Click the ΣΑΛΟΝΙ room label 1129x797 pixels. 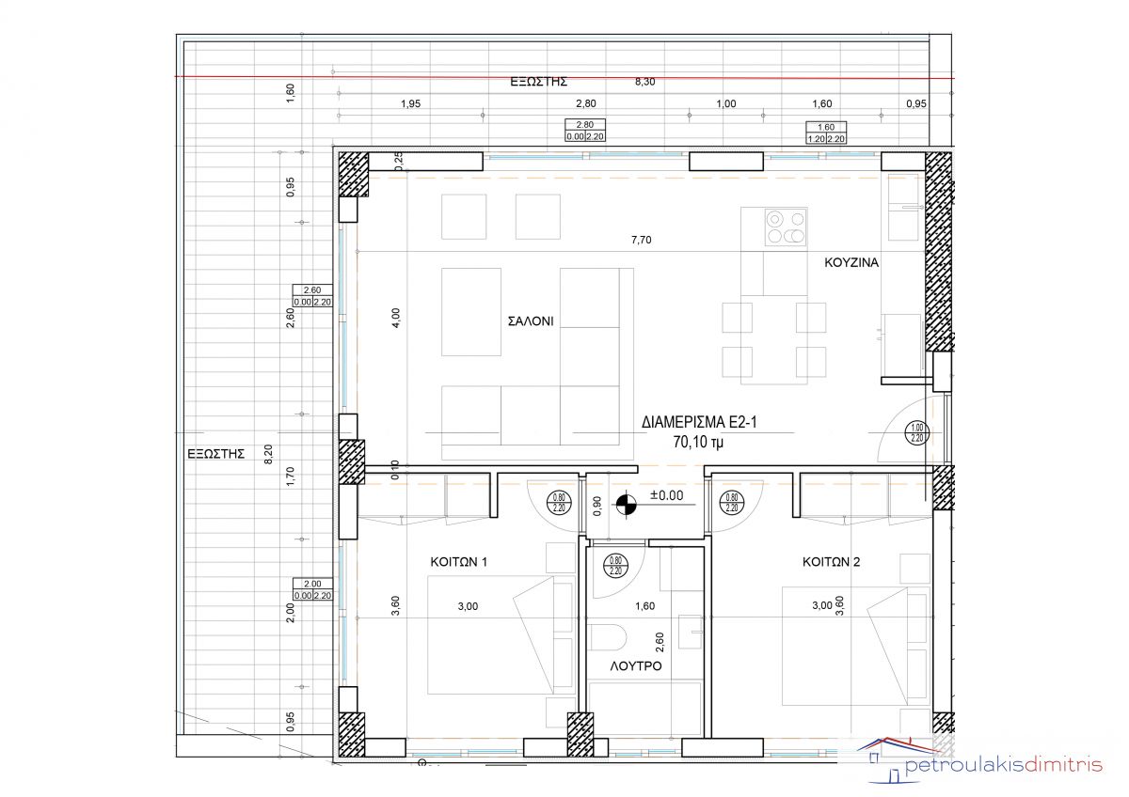tap(531, 321)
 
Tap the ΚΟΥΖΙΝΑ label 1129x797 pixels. tap(851, 262)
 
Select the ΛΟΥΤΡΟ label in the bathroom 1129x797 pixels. tap(636, 666)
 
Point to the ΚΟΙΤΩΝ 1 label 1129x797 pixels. tap(459, 562)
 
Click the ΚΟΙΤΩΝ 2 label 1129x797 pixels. tap(831, 562)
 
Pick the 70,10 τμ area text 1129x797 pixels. tap(698, 442)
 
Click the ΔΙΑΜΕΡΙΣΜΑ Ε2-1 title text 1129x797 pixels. tap(699, 422)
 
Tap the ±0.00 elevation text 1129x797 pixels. tap(666, 495)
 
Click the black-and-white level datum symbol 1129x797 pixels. tap(626, 505)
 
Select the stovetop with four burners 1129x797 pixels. tap(786, 227)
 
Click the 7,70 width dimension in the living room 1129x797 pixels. tap(641, 241)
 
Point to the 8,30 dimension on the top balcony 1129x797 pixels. tap(644, 82)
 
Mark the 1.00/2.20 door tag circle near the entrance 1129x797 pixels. tap(916, 432)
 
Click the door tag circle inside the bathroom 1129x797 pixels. tap(615, 566)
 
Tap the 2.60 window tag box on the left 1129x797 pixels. tap(312, 296)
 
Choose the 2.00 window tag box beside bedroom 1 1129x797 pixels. tap(312, 589)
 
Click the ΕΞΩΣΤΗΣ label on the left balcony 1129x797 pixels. tap(215, 454)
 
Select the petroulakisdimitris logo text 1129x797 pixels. tap(1003, 765)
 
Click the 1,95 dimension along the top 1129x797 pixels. tap(410, 103)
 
